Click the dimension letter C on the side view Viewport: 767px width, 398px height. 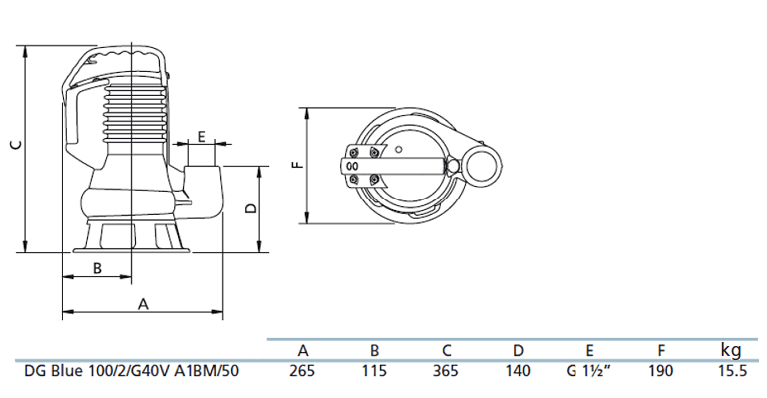(17, 145)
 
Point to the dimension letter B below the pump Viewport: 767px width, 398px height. (97, 268)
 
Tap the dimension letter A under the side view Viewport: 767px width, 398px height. (143, 304)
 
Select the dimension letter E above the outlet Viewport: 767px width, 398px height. (202, 136)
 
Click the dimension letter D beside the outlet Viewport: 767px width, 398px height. (251, 208)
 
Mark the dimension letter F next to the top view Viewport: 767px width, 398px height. (298, 165)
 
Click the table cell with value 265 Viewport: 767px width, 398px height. (302, 371)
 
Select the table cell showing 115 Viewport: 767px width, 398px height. (374, 371)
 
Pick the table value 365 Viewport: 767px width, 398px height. (446, 371)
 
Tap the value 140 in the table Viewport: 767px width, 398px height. (518, 371)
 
